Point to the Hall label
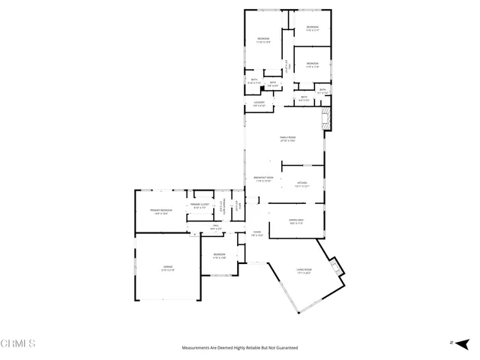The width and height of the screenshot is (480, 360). click(214, 226)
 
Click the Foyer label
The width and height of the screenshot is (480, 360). click(256, 234)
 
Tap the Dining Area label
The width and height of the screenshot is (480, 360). click(295, 221)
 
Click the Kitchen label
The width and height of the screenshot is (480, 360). click(301, 184)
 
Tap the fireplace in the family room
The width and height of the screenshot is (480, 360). click(325, 118)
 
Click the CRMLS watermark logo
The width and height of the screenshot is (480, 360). click(19, 343)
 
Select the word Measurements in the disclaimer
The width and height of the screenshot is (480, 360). click(197, 348)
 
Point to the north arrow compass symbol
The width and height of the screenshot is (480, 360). click(452, 343)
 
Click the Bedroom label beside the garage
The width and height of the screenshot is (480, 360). click(218, 256)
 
